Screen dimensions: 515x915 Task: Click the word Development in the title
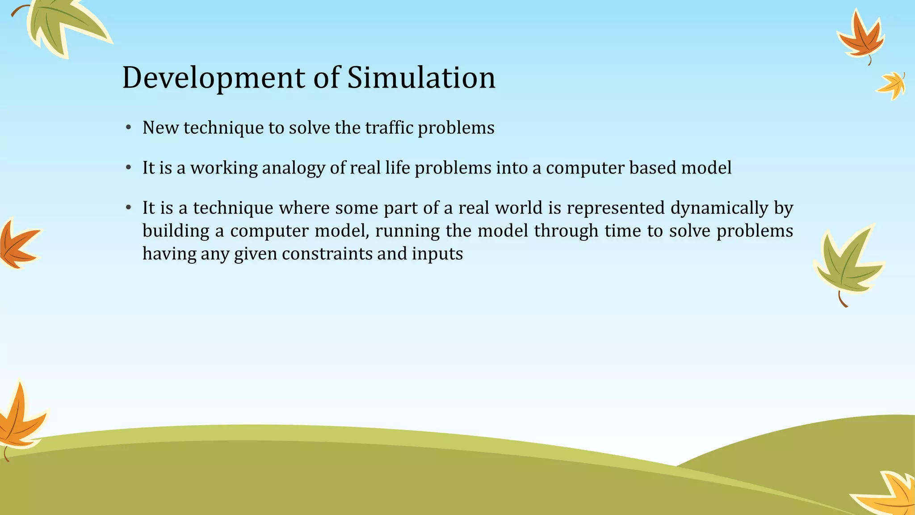point(214,78)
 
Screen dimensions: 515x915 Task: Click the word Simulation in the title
point(421,77)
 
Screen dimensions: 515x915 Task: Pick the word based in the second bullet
point(652,168)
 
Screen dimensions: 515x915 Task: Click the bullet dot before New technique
point(128,128)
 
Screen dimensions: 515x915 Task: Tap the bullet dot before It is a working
point(128,168)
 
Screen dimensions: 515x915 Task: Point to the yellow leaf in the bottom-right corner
point(889,496)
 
